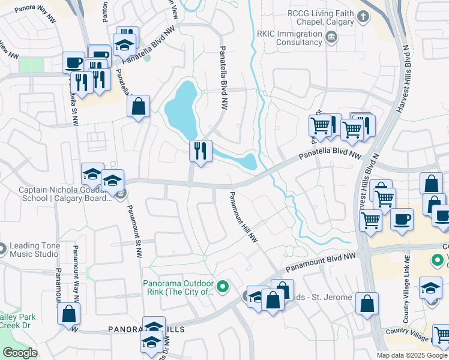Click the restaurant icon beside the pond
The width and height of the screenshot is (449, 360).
200,151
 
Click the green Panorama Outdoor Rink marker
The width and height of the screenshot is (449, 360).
223,287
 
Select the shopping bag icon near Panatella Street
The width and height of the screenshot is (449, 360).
138,107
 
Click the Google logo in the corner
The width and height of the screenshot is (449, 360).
19,353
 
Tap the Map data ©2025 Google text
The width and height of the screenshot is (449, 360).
412,355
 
